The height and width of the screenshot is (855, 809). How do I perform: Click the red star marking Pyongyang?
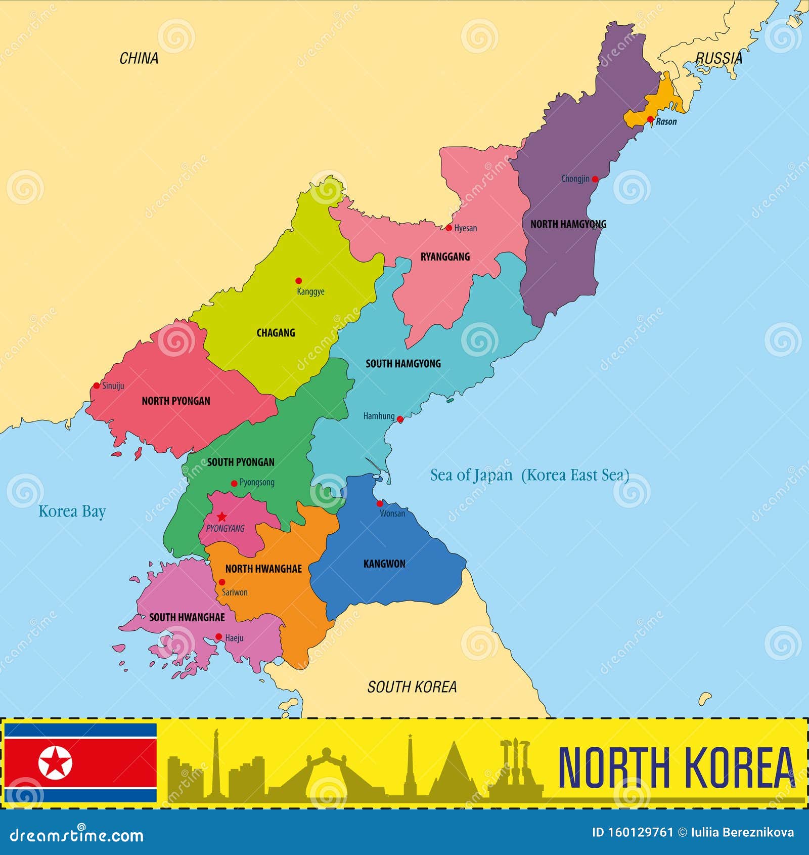[221, 517]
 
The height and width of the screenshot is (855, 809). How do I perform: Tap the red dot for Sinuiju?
[97, 386]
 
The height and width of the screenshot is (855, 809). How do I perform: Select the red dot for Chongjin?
[595, 179]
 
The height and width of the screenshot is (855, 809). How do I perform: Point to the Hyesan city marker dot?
[448, 228]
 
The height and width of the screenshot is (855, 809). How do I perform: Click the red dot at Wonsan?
[380, 503]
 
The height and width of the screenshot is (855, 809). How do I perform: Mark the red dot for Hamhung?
[400, 419]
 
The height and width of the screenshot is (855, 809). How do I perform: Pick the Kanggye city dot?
[298, 281]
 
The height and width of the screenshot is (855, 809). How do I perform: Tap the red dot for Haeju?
[218, 637]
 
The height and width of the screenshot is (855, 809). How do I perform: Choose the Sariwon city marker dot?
[221, 582]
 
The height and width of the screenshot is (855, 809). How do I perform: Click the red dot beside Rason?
[650, 119]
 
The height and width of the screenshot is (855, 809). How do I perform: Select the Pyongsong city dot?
[234, 484]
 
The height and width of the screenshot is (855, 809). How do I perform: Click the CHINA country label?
[139, 59]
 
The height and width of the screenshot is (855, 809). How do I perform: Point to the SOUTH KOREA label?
[412, 687]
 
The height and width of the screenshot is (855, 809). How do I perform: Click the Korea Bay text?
[72, 511]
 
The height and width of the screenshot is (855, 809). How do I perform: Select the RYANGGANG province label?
[445, 257]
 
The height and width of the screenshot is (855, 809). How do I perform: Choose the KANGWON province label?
[384, 564]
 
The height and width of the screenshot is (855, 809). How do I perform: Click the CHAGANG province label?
[276, 333]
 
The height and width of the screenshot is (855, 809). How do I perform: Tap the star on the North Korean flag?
[56, 763]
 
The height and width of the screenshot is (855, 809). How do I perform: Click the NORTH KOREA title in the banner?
[676, 768]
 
